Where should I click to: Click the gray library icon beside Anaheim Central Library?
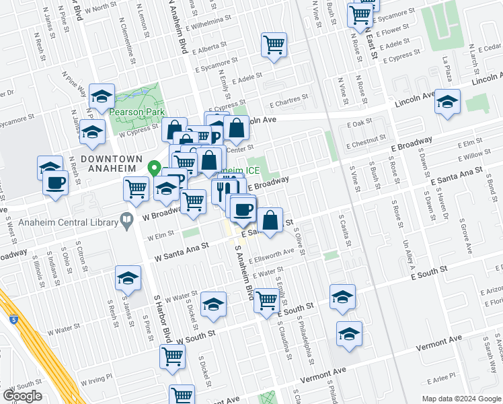(x=126, y=219)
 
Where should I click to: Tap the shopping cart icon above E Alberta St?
(x=274, y=45)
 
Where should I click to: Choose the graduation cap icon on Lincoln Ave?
(x=447, y=102)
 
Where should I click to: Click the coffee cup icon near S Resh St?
(x=55, y=182)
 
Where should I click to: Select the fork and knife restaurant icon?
(x=224, y=191)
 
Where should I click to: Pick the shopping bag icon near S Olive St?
(x=269, y=220)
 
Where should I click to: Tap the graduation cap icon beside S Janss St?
(x=128, y=277)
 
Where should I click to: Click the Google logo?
(x=22, y=395)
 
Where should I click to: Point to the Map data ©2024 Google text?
(x=461, y=399)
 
